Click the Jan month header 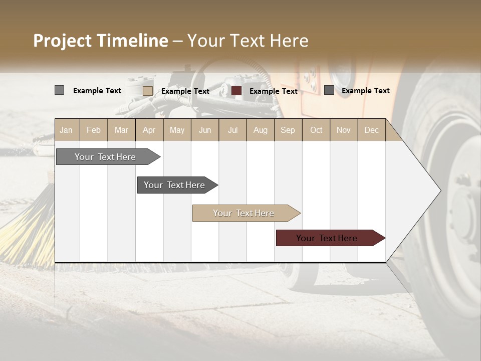click(x=66, y=130)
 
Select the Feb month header click(x=94, y=130)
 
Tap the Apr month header click(x=149, y=130)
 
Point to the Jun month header click(x=205, y=130)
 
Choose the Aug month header click(x=260, y=130)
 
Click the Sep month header click(x=288, y=130)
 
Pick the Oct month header click(x=316, y=130)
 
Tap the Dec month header click(x=371, y=130)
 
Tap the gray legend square click(x=59, y=90)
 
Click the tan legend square click(x=147, y=91)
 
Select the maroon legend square click(x=236, y=91)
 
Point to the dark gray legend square click(x=329, y=90)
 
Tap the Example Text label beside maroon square click(x=273, y=91)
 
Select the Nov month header click(x=343, y=130)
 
